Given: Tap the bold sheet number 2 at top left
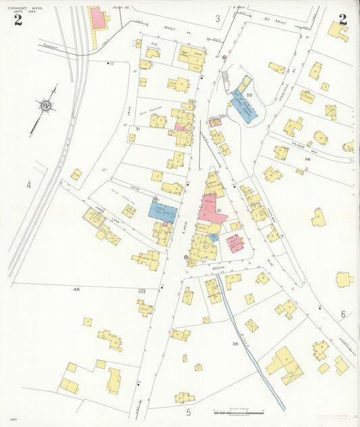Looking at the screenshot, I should point(18,20).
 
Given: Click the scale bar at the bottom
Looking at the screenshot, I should point(238,411).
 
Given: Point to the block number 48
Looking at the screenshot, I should point(76,288).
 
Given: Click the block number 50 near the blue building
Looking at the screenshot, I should point(249,96).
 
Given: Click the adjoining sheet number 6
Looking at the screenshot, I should point(342,314).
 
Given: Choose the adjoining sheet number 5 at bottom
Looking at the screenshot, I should point(188,411).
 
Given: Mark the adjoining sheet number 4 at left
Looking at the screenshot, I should point(29,184).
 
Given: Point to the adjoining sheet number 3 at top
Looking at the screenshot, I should point(217,18).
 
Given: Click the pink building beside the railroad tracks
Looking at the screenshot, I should point(99,18).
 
